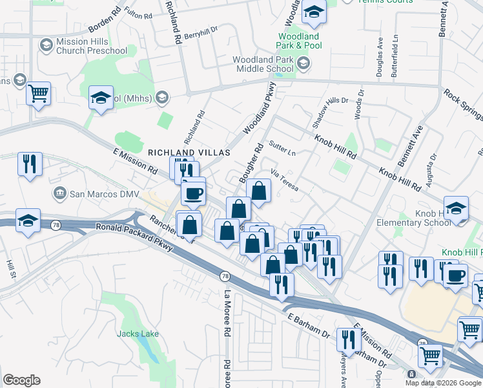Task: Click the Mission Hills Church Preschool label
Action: click(91, 46)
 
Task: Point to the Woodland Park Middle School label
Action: click(263, 64)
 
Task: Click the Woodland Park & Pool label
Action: click(298, 41)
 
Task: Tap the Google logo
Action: click(21, 380)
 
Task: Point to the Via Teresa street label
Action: click(284, 180)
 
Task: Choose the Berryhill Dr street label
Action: click(202, 36)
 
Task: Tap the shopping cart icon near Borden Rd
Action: click(39, 93)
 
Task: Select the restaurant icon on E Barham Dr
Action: click(349, 339)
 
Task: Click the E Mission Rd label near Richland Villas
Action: click(135, 161)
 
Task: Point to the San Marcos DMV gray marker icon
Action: click(60, 193)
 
